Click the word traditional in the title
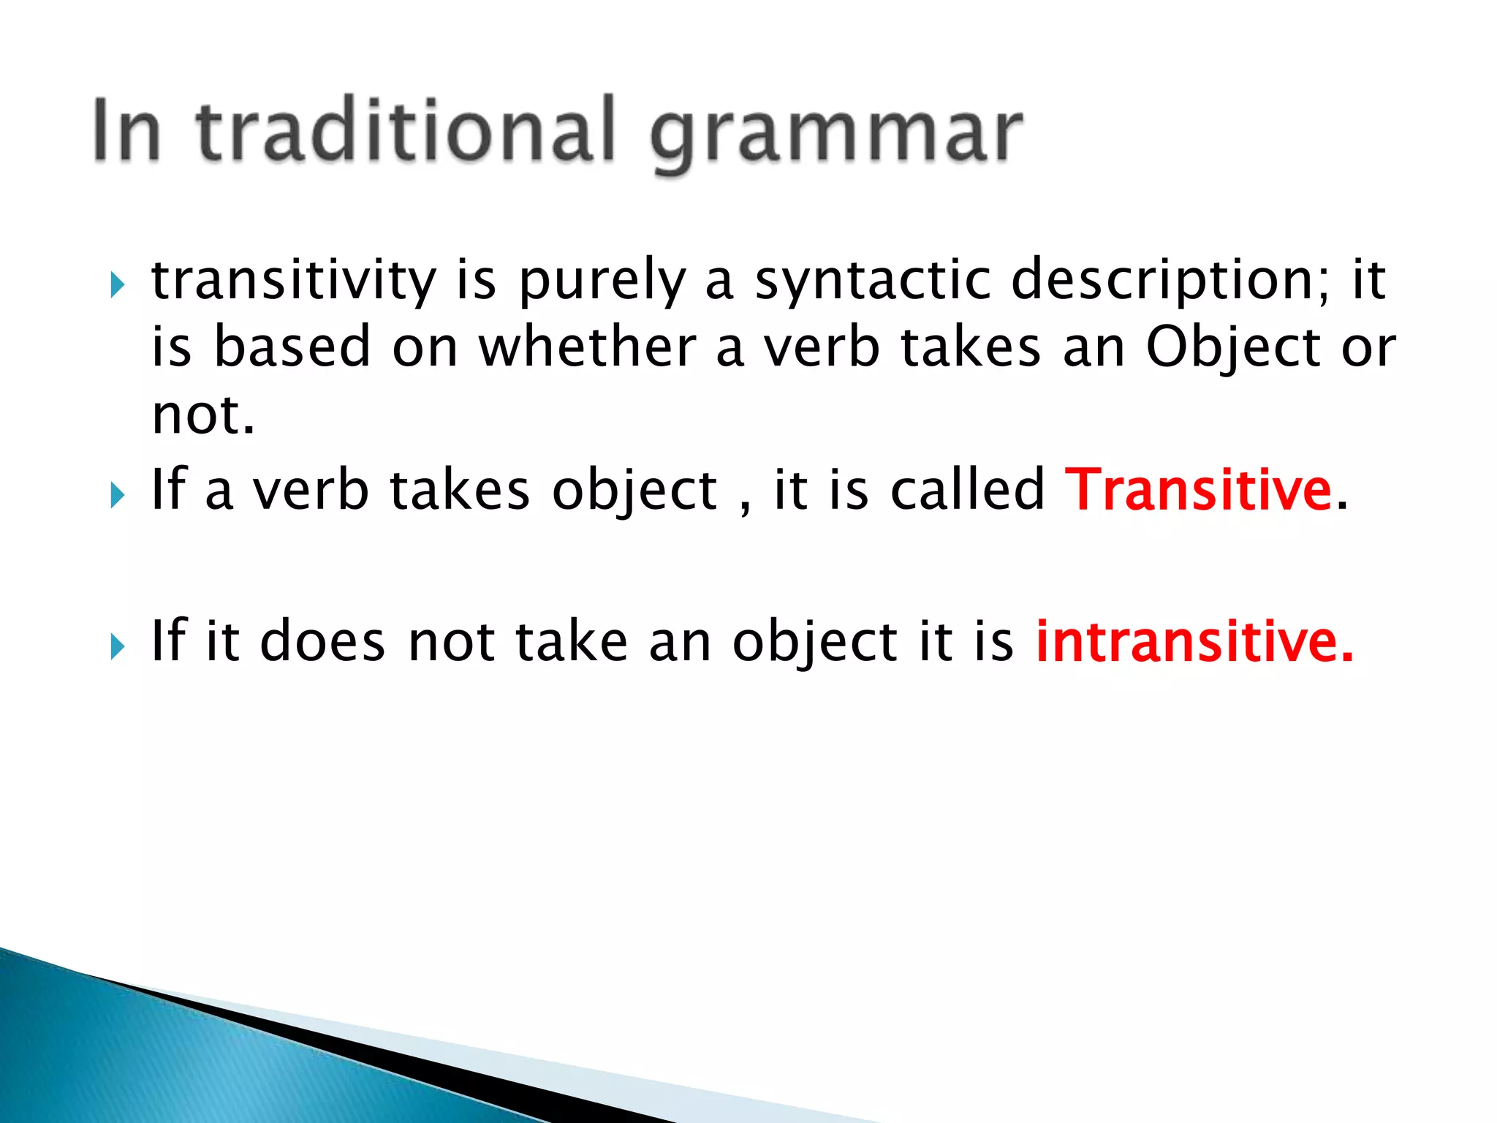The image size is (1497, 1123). pos(406,132)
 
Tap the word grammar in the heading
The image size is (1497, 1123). pos(836,135)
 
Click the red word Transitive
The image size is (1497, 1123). pos(1199,490)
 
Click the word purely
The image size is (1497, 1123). pos(602,282)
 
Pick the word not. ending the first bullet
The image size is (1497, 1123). pos(203,415)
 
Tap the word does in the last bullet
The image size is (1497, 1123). pos(322,641)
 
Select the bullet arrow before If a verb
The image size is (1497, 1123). pos(117,496)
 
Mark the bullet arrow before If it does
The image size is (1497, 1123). pos(117,647)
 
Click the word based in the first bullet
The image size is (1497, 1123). pos(292,347)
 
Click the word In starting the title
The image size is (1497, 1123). pos(126,132)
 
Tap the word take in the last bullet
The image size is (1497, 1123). pos(571,641)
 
